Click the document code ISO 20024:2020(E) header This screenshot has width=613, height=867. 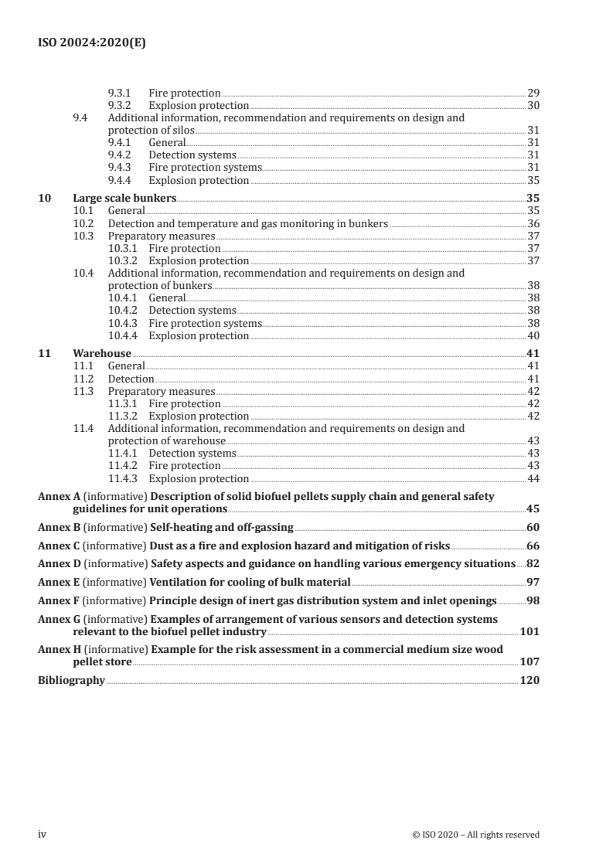(92, 44)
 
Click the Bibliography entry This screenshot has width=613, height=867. (71, 680)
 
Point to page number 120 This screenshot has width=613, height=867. (530, 680)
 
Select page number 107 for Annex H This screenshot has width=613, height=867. (530, 661)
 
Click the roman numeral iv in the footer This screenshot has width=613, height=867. (43, 835)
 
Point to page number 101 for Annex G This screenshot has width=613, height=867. (530, 631)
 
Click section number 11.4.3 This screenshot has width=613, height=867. (125, 478)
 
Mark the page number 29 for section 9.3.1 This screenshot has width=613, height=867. (533, 93)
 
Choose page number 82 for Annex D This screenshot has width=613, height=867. (533, 563)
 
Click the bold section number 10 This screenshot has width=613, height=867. (44, 198)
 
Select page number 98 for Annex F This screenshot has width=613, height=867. (533, 600)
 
